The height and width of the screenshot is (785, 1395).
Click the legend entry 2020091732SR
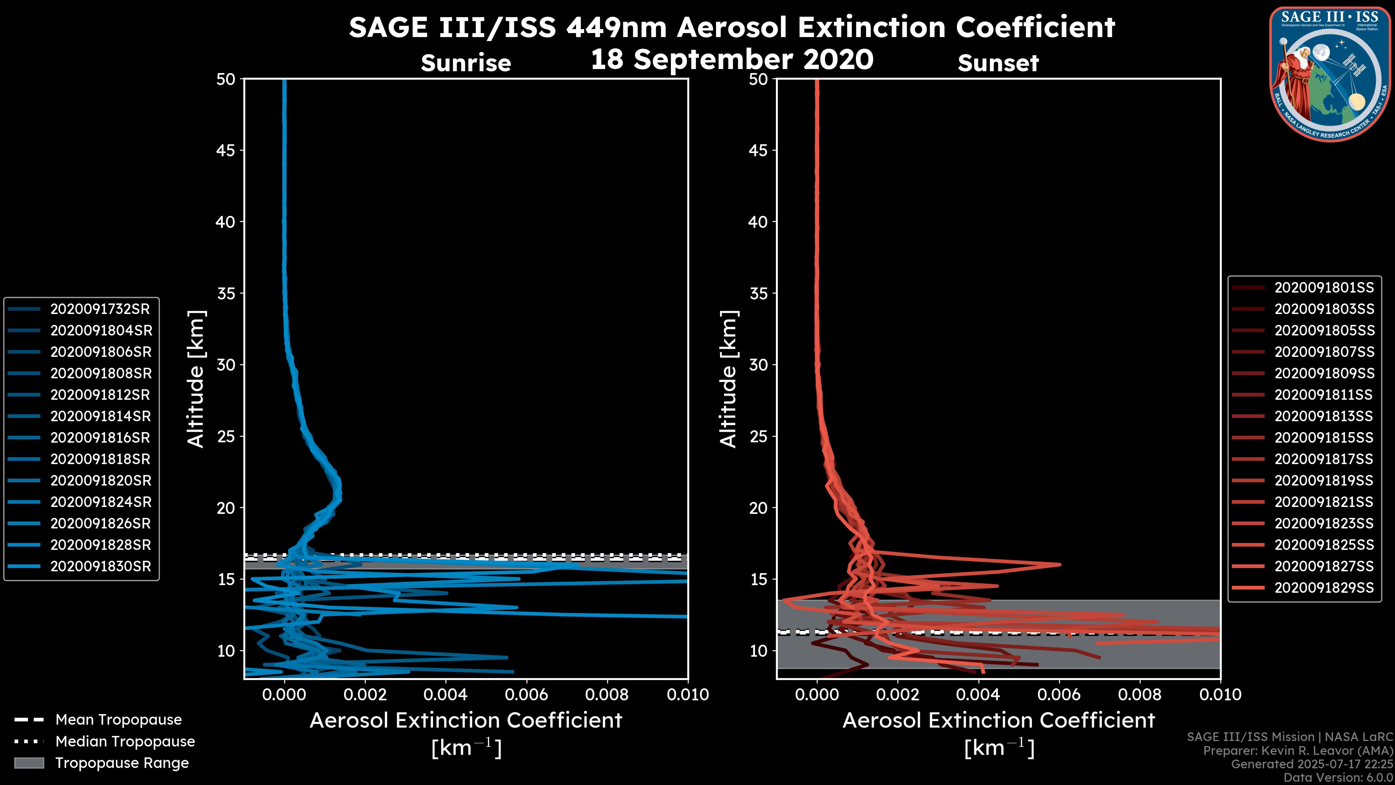(100, 309)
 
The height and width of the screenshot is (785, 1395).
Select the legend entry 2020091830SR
(100, 566)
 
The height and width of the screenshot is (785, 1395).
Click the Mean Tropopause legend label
(118, 720)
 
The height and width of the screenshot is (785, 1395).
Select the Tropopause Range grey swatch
(29, 763)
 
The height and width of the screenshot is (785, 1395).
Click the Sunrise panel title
(466, 63)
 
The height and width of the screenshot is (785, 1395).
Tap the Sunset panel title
(998, 63)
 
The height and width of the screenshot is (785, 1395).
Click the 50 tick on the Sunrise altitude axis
(226, 79)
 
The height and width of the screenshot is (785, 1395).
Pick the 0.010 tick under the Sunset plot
(1220, 695)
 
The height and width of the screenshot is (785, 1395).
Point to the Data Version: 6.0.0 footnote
(1339, 778)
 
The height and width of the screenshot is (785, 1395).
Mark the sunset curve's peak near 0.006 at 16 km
(1059, 564)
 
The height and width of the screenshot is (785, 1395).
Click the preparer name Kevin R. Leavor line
(1298, 751)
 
